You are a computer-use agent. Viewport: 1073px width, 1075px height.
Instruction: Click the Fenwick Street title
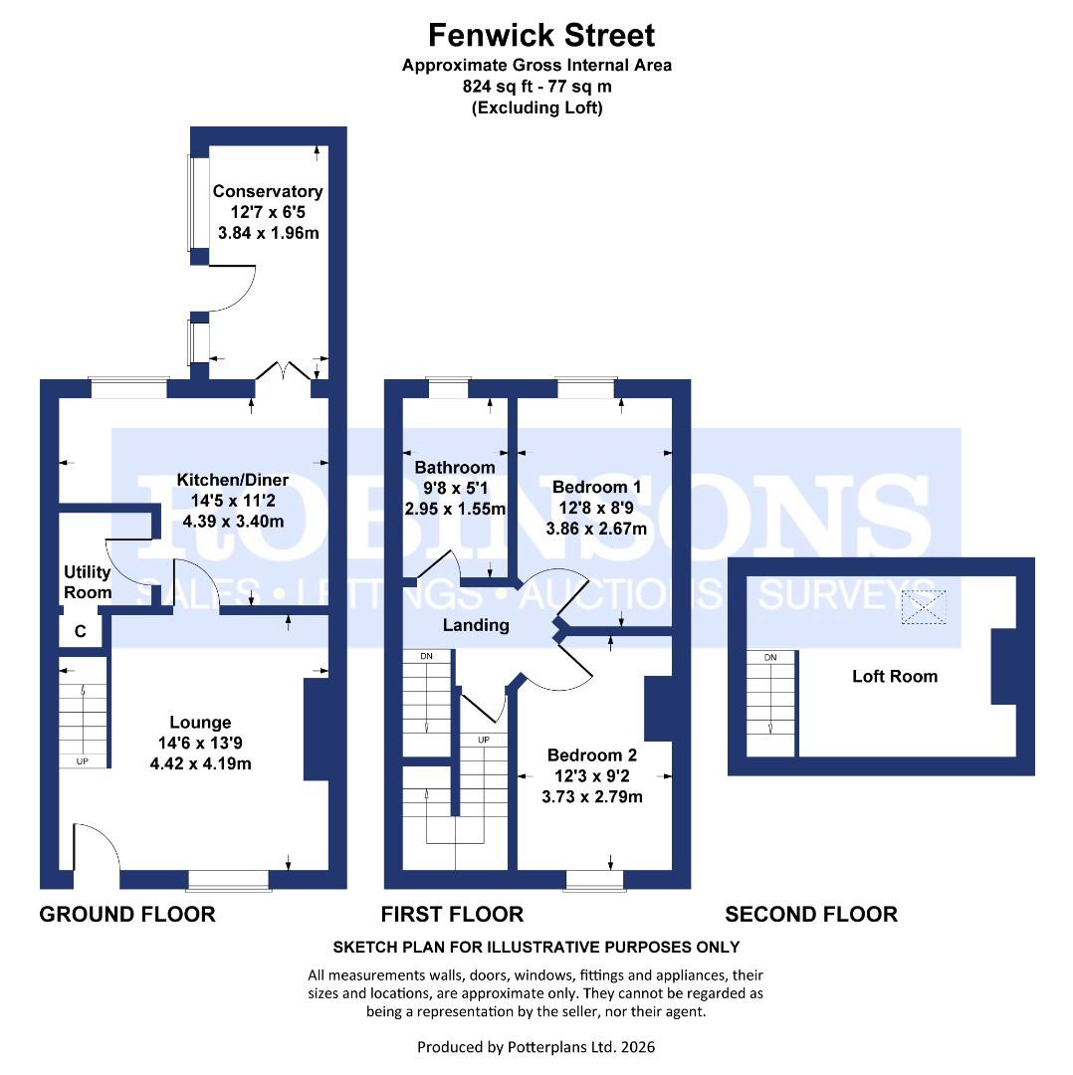click(541, 36)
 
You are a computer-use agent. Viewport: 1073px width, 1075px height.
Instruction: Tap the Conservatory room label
click(268, 191)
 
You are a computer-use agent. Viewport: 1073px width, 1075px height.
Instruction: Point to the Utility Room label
click(88, 582)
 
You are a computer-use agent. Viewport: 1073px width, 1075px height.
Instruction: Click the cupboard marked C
click(81, 631)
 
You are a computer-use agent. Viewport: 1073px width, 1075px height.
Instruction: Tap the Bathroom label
click(455, 467)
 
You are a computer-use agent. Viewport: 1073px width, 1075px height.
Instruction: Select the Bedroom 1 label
click(595, 487)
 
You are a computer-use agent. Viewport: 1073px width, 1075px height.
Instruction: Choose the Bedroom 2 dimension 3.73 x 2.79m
click(592, 796)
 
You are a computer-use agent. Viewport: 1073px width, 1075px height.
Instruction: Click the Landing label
click(476, 625)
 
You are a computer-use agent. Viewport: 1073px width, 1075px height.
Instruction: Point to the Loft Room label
click(895, 677)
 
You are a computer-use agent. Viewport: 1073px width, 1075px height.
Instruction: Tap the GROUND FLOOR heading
click(127, 914)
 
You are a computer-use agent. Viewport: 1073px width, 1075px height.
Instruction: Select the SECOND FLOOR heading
click(811, 914)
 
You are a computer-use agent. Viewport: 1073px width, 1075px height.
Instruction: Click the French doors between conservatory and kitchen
click(284, 372)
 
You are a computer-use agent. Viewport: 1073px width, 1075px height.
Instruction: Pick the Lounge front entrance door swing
click(97, 846)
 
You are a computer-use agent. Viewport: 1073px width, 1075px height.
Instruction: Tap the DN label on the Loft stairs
click(769, 658)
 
